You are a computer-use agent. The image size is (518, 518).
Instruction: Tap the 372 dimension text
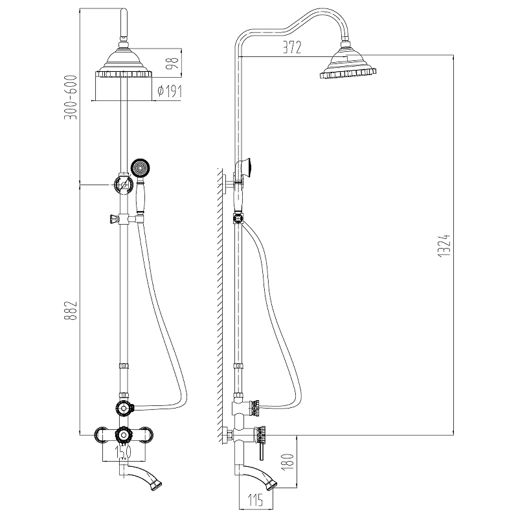tap(292, 47)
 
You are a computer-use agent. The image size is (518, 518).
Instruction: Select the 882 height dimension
tap(71, 311)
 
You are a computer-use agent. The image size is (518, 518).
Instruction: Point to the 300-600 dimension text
tap(71, 98)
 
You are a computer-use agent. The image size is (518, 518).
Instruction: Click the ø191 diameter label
tap(170, 91)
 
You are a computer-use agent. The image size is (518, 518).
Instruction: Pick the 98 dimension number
tap(172, 63)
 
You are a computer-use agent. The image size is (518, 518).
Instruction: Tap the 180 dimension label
tap(288, 462)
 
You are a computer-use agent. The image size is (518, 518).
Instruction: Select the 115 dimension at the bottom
tap(256, 500)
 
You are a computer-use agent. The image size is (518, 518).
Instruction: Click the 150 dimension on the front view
tap(123, 451)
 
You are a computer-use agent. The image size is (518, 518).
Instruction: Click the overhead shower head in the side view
tap(348, 63)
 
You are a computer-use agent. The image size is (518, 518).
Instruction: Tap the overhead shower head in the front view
tap(124, 63)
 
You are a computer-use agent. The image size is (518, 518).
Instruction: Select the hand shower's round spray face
tap(141, 168)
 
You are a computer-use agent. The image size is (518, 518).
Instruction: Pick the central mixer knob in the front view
tap(123, 435)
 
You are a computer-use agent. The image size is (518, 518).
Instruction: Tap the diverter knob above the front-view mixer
tap(124, 409)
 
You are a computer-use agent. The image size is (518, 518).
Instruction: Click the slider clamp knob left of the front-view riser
tap(113, 219)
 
